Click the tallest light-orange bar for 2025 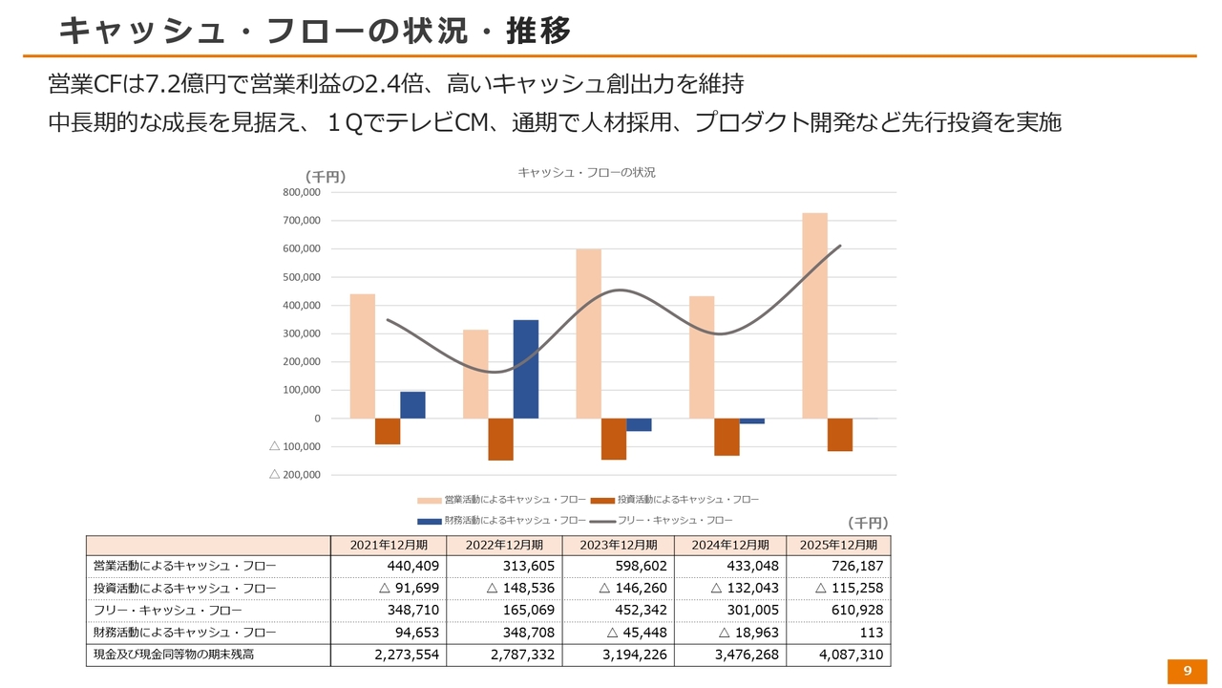814,315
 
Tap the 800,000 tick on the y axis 302,192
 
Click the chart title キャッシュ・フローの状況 586,173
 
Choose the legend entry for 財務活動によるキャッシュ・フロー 502,521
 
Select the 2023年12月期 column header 620,545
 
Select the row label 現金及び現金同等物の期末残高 174,655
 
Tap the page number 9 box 1187,671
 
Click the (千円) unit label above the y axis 325,177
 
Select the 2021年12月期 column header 389,545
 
